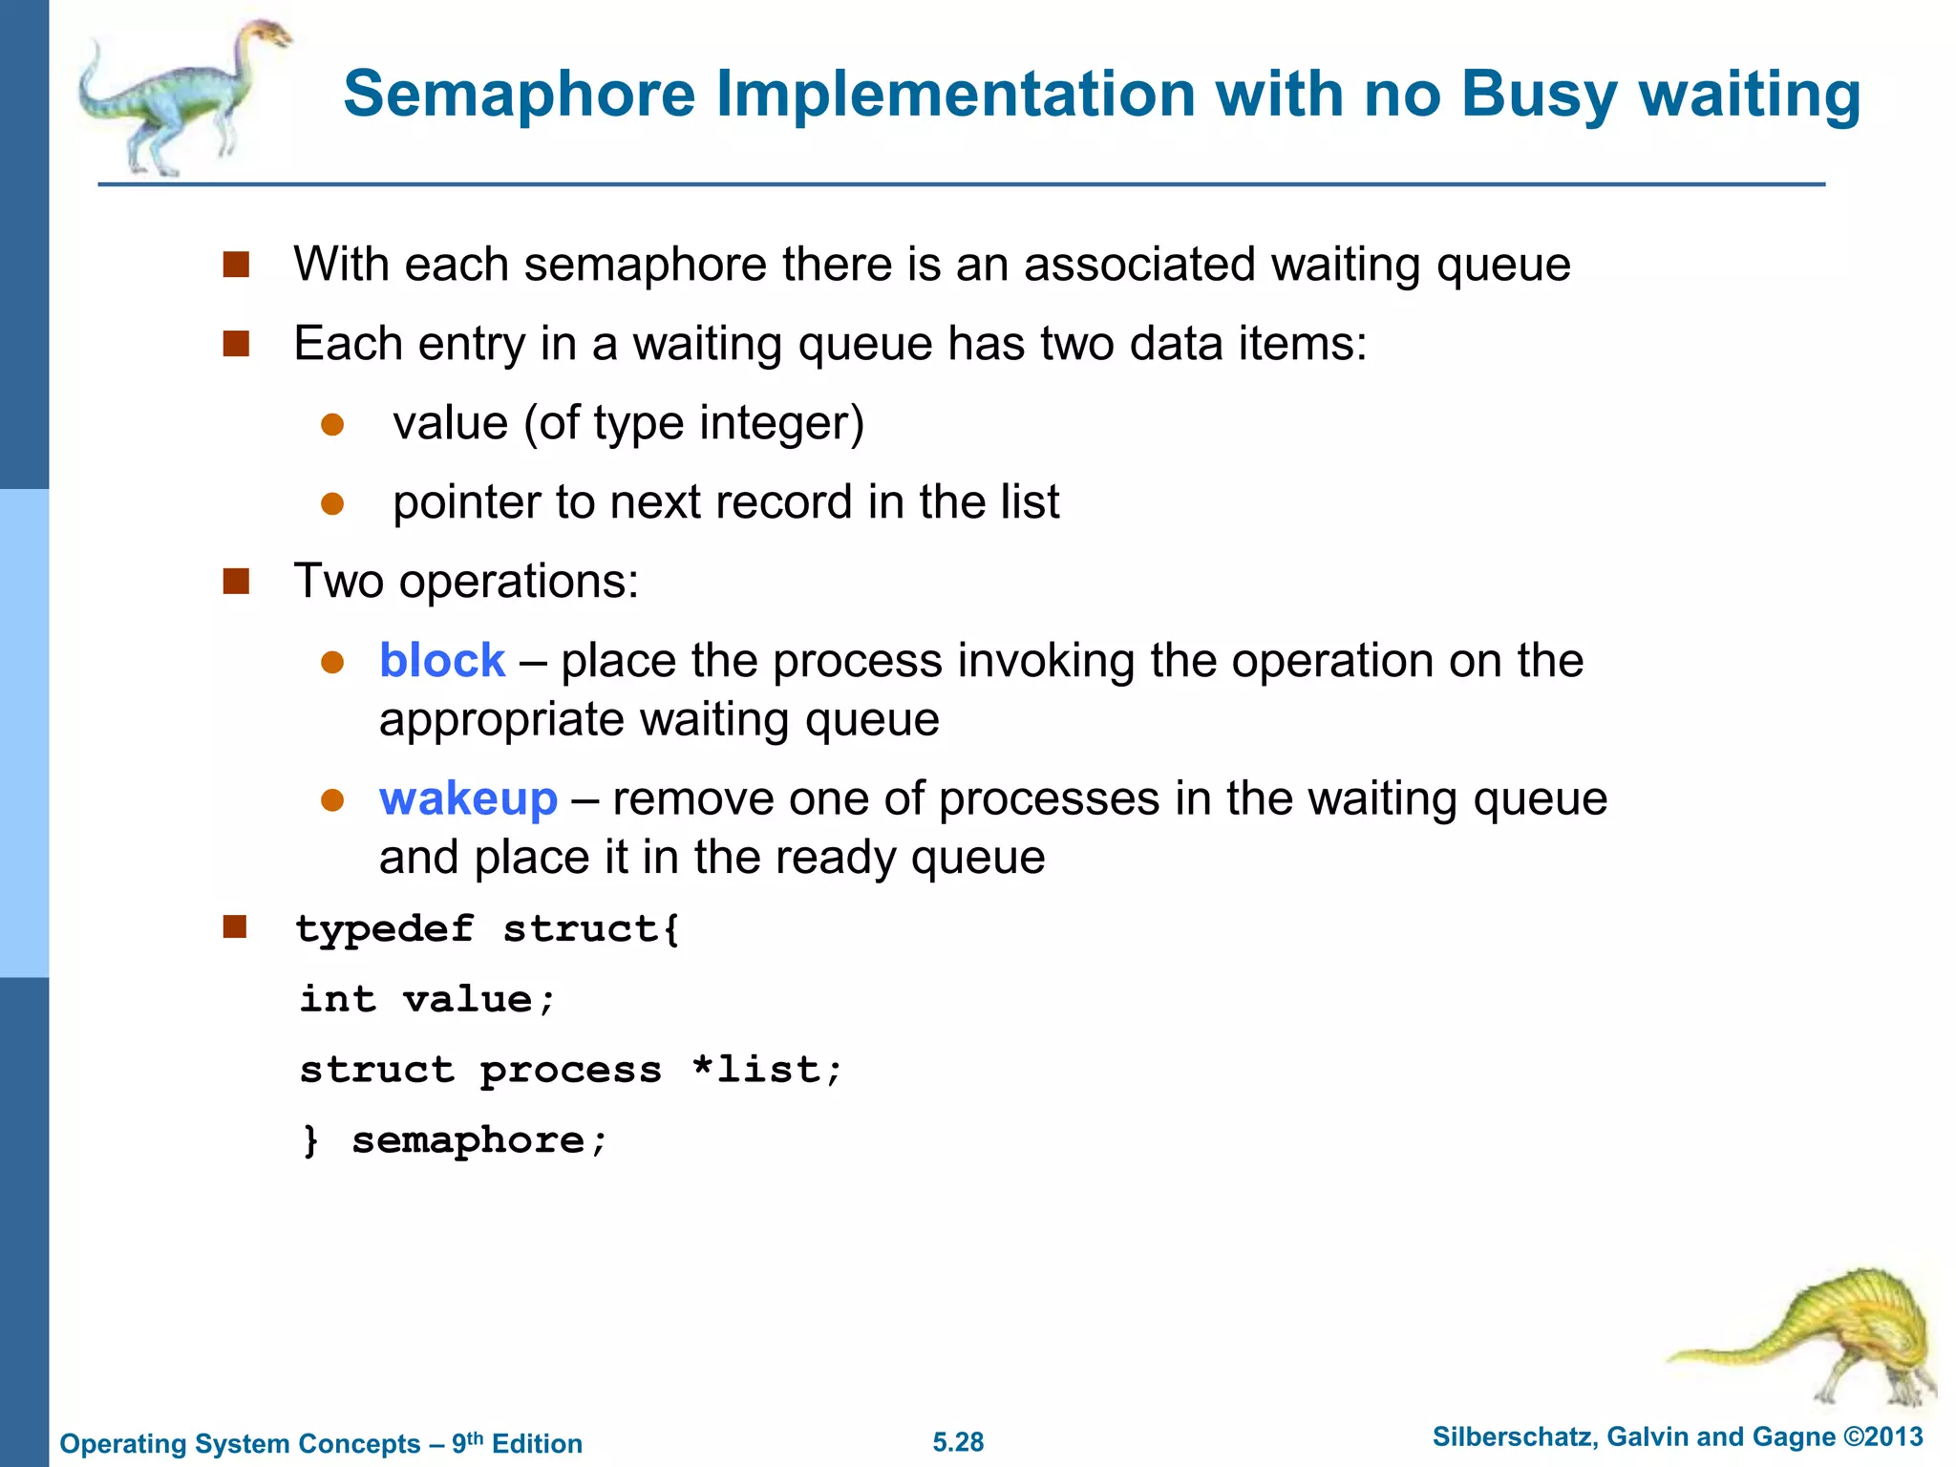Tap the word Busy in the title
(x=1538, y=96)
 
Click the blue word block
(x=441, y=661)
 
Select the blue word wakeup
(x=468, y=798)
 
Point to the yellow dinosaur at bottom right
(x=1815, y=1337)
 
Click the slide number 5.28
(x=958, y=1442)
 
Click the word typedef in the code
(x=384, y=929)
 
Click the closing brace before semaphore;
(x=310, y=1140)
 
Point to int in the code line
(x=338, y=1000)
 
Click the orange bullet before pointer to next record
(x=332, y=503)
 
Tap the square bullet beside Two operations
(x=236, y=582)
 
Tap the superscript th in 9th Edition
(x=475, y=1436)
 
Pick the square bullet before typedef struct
(x=235, y=927)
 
